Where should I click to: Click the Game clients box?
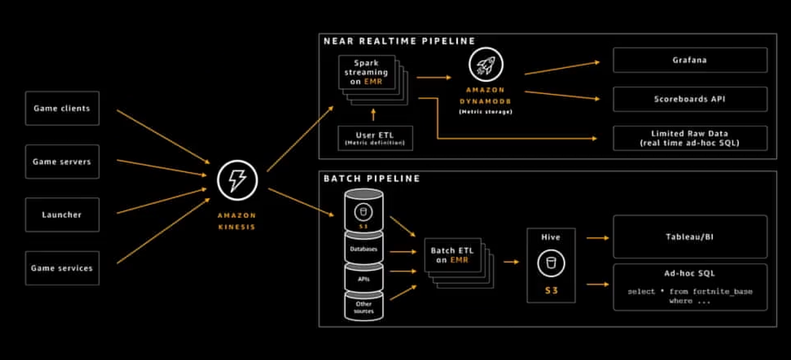tap(62, 108)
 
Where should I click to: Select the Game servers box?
tap(62, 162)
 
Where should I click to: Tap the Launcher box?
tap(62, 215)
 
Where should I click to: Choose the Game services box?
tap(62, 268)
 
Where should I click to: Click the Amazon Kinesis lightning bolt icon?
tap(237, 180)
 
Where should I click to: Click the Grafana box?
tap(690, 60)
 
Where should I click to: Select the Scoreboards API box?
tap(690, 99)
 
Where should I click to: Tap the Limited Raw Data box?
tap(690, 138)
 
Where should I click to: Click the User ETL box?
tap(375, 138)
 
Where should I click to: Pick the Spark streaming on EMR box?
tap(371, 72)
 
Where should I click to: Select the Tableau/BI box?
tap(690, 237)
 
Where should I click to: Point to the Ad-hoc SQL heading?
tap(690, 274)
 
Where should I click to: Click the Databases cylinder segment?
tap(364, 249)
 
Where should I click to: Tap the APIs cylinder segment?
tap(364, 279)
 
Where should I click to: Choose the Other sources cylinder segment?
tap(364, 308)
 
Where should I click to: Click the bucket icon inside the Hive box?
tap(551, 263)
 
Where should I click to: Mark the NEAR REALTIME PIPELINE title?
tap(399, 41)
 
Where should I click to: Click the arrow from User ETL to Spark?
tap(373, 115)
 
